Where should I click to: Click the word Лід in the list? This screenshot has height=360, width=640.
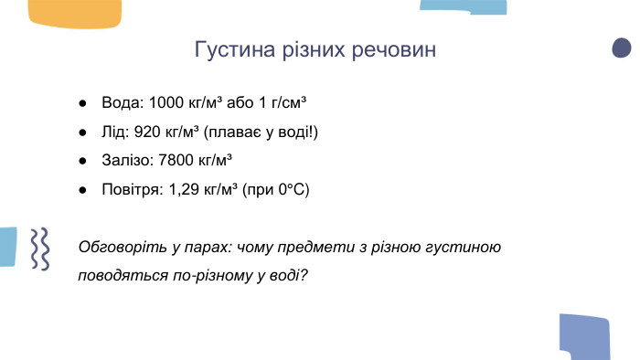(x=114, y=131)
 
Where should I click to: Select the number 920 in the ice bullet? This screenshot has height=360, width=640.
(x=147, y=131)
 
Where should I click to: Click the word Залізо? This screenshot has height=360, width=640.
(x=126, y=160)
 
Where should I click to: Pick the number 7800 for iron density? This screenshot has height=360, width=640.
(x=176, y=160)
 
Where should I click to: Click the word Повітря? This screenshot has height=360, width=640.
(x=132, y=190)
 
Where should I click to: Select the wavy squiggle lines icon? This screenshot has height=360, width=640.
(x=39, y=249)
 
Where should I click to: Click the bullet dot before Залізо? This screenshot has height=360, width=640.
(x=82, y=161)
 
